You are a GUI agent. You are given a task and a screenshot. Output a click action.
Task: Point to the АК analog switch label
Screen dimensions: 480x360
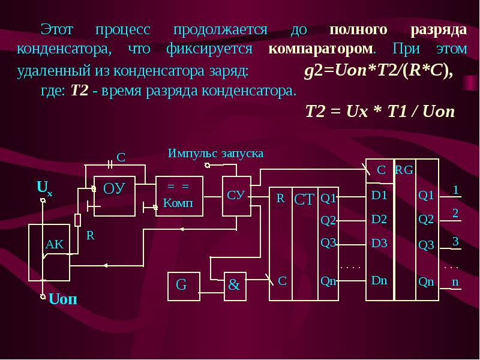pos(55,244)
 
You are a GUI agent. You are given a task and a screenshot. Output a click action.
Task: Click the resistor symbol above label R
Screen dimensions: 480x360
pos(78,220)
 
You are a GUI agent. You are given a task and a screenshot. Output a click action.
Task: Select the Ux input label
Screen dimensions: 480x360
pos(44,188)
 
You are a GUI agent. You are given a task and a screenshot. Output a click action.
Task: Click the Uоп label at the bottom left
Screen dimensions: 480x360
pos(63,299)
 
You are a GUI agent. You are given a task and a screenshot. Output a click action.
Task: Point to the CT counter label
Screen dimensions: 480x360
pos(304,200)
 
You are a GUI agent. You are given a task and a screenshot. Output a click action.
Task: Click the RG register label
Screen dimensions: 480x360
pos(404,170)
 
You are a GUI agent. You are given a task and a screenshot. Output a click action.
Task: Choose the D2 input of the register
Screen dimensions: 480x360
pos(379,219)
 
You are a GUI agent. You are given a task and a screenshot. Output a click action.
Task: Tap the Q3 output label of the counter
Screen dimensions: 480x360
pos(328,243)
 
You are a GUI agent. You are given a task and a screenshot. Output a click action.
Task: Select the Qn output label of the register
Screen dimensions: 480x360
pos(426,281)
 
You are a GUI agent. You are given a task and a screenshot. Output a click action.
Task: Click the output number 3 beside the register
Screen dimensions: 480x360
pos(455,241)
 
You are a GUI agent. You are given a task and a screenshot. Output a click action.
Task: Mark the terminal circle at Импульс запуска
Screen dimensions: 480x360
pos(207,166)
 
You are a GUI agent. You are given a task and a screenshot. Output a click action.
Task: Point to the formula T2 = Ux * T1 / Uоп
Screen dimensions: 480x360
pos(380,111)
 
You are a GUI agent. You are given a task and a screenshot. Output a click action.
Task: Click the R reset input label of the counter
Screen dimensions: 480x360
pos(280,199)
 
